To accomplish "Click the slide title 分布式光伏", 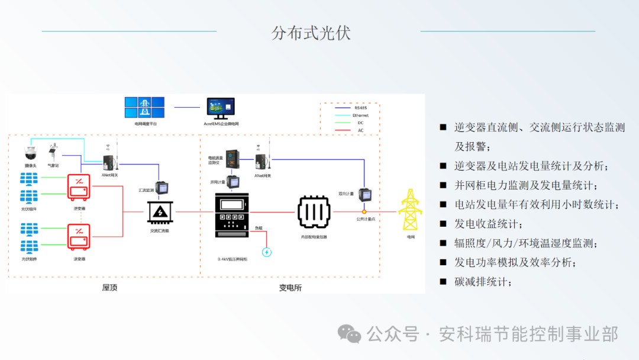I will [311, 33].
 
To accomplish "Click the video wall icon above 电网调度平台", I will [144, 108].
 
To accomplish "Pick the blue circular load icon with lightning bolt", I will [267, 252].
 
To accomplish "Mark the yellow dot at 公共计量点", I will [364, 211].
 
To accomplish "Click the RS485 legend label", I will [360, 108].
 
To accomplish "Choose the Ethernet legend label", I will [360, 115].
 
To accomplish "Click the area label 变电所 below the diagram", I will [290, 287].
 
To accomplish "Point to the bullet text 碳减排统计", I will [480, 282].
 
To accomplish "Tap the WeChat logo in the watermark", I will [349, 335].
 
